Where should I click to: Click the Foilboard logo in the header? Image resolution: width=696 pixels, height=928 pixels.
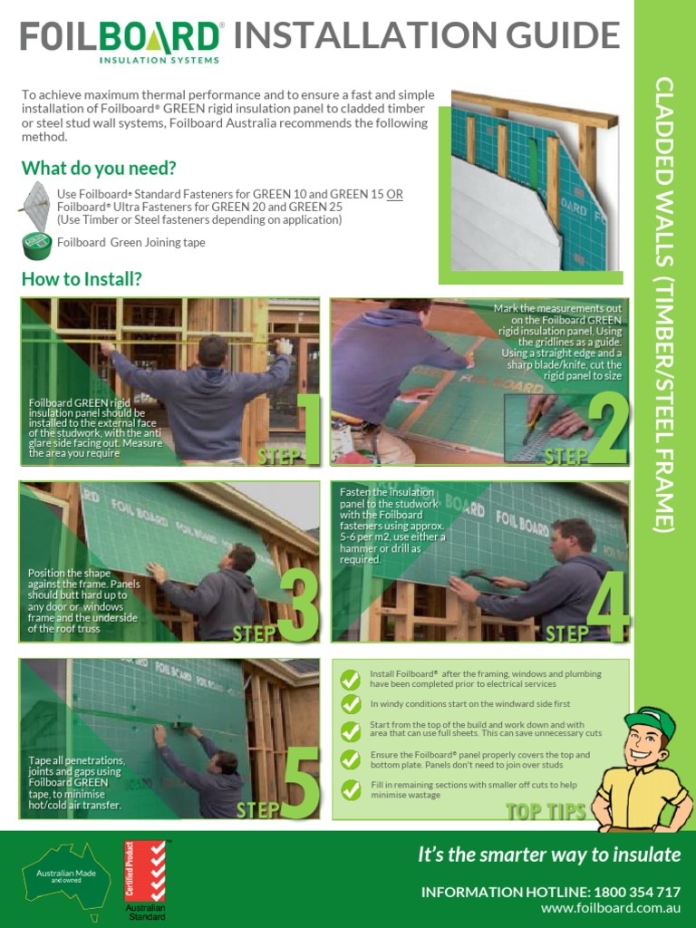(121, 41)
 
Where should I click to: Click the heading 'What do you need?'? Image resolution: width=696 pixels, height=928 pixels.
(99, 169)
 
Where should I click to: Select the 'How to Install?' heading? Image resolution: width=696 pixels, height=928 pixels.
(82, 278)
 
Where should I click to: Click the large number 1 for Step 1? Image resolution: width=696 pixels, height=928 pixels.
(307, 428)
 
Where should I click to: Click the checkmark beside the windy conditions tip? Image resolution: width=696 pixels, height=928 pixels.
(350, 704)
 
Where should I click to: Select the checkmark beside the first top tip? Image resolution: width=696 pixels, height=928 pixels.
(350, 680)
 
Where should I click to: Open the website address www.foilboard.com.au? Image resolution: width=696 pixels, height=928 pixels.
(610, 908)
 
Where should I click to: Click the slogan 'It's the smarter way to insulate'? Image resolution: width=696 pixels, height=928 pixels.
(548, 855)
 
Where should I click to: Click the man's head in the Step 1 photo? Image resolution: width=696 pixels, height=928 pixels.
(212, 350)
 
